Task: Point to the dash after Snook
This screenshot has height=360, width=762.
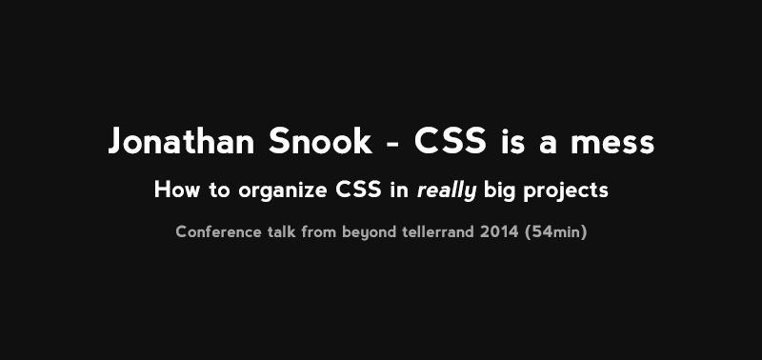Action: [x=392, y=145]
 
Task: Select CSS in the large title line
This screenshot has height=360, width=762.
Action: [x=451, y=143]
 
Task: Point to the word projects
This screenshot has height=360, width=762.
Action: [x=567, y=191]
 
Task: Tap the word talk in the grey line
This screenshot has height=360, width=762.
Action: [x=282, y=231]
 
